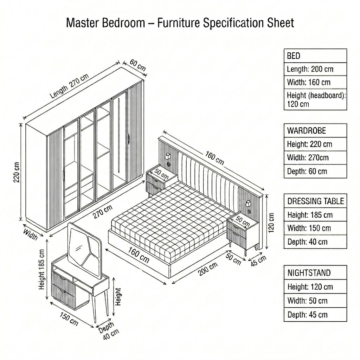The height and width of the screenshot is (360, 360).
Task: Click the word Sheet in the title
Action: (280, 23)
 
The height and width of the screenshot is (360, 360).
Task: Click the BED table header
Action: (315, 56)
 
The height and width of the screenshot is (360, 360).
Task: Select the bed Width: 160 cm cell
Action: (315, 82)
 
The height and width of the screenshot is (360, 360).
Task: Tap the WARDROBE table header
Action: (315, 131)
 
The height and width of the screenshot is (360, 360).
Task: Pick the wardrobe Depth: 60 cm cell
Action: (315, 171)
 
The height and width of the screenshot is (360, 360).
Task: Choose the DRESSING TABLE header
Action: (315, 201)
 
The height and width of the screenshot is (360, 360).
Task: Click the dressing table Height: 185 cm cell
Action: (315, 215)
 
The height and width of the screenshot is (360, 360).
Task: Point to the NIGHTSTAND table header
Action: (315, 273)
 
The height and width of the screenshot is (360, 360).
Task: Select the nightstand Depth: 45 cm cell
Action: (315, 315)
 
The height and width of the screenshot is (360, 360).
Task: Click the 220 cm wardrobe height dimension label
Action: (17, 172)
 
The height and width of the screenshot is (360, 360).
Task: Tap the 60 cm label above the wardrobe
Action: (138, 65)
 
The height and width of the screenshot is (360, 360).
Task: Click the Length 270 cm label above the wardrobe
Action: (69, 86)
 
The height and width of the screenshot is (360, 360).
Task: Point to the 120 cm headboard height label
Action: (271, 223)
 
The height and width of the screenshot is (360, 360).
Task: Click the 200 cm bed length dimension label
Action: (208, 269)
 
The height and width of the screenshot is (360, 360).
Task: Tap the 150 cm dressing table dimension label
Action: (69, 319)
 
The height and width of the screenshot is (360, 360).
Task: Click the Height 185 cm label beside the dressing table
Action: (41, 269)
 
